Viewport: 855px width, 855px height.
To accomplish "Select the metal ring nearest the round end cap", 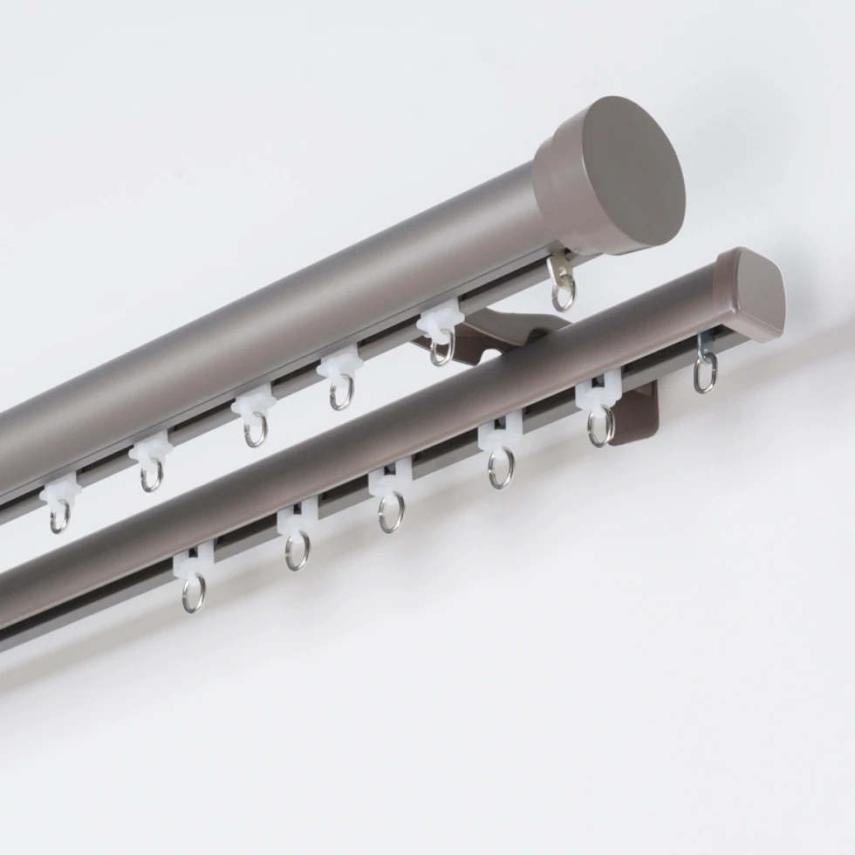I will (x=564, y=295).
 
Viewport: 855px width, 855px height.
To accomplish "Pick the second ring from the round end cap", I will (x=441, y=350).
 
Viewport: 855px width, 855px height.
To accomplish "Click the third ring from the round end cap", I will (x=341, y=393).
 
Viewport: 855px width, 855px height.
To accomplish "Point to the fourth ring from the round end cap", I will (x=254, y=431).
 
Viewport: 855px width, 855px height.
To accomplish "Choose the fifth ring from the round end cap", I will (x=151, y=475).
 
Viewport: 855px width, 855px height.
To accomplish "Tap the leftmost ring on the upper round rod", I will (x=59, y=516).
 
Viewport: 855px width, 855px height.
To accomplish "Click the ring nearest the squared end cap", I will (x=705, y=373).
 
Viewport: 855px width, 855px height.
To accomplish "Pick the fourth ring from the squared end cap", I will (x=391, y=512).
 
